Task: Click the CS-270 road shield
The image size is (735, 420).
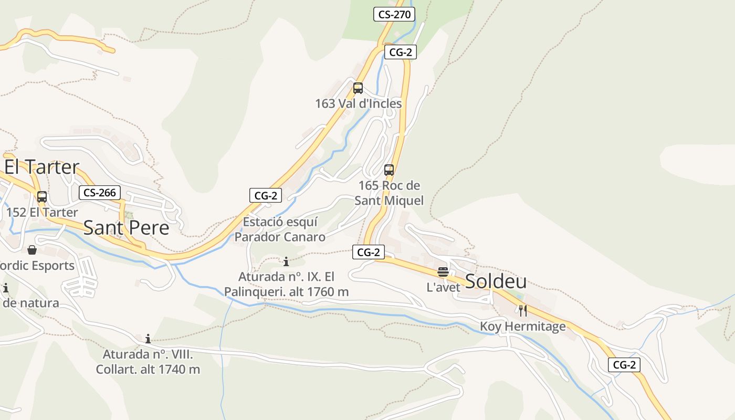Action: coord(394,14)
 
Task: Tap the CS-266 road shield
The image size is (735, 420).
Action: coord(100,193)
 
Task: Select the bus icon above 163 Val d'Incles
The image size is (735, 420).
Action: coord(358,88)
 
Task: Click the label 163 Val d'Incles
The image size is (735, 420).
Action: coord(358,103)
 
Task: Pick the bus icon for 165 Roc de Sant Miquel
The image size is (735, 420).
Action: coord(389,170)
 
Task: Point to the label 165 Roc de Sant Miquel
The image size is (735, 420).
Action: coord(389,193)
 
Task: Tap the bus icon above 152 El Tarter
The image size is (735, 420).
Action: coord(42,197)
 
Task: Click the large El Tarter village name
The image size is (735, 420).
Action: coord(42,167)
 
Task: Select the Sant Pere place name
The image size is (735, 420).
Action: coord(126,228)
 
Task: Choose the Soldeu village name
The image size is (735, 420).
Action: coord(496,281)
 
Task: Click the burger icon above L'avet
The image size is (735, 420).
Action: coord(443,272)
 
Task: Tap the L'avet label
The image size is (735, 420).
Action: coord(443,287)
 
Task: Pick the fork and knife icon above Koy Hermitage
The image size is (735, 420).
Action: coord(522,311)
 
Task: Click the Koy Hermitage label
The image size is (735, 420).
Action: coord(522,327)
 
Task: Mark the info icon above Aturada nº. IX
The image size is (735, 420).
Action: coord(286,261)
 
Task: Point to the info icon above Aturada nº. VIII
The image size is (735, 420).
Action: coord(148,339)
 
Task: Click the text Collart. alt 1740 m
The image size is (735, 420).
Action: coord(148,369)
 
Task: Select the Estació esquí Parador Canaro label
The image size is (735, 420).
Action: coord(280,229)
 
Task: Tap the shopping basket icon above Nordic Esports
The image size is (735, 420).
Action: coord(32,250)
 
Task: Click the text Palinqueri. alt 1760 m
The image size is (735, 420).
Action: coord(286,291)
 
